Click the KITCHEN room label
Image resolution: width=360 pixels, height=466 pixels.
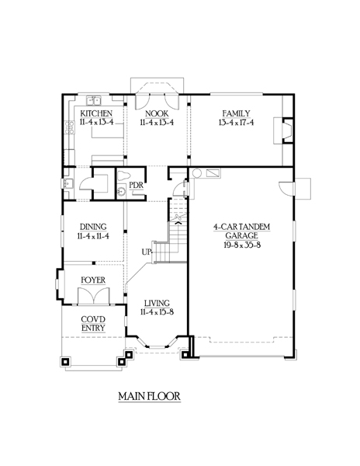[96, 113]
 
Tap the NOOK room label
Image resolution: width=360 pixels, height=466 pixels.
[157, 113]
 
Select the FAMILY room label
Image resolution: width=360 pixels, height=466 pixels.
[236, 113]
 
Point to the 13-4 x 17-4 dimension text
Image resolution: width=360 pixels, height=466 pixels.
[236, 123]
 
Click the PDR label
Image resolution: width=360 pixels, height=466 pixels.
[137, 185]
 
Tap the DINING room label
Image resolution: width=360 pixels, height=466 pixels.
[93, 227]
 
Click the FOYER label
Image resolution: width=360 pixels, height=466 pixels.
[93, 280]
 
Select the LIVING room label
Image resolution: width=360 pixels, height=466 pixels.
[157, 304]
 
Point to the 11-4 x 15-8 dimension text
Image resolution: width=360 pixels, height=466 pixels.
[157, 312]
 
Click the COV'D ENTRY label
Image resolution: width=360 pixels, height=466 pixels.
[93, 324]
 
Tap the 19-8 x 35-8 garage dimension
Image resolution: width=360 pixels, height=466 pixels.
[242, 245]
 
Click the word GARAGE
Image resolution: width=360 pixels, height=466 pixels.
[241, 235]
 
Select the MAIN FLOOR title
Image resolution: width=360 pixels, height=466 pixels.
[149, 396]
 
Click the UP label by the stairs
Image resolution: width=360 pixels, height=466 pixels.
[147, 252]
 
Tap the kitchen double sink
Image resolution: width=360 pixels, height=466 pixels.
[94, 100]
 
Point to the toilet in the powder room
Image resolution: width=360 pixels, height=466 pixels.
[123, 176]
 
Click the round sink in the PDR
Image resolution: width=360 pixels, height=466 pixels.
[121, 191]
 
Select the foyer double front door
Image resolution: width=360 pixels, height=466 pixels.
[93, 296]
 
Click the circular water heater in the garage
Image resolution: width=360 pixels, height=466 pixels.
[197, 173]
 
